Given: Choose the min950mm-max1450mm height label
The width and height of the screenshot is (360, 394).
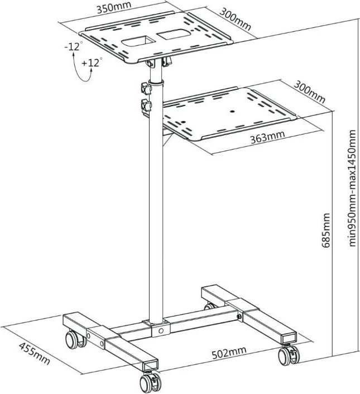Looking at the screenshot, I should click(352, 188).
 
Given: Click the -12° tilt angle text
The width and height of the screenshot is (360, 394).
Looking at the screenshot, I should click(73, 47).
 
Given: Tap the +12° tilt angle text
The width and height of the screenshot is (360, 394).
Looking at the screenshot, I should click(93, 63).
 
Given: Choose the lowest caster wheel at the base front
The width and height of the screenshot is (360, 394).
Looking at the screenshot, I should click(149, 382).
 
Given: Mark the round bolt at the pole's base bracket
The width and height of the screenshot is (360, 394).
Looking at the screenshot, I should click(161, 330).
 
